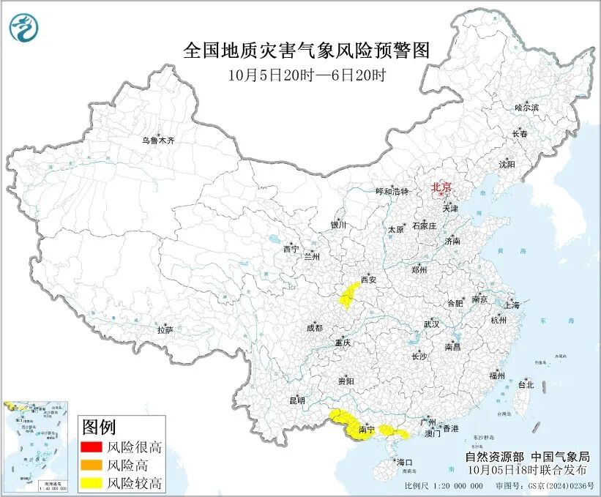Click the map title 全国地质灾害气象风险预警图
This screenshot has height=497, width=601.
pos(305,51)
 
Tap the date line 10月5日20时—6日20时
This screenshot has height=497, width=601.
pos(306,75)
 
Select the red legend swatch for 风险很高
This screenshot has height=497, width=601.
pos(92,447)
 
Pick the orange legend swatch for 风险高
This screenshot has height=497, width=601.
pos(92,465)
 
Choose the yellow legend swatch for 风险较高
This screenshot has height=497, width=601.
pos(92,482)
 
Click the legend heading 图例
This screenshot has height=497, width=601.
pos(99,427)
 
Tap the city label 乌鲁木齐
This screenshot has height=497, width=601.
pos(158,141)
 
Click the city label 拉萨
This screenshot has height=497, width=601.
pos(165,330)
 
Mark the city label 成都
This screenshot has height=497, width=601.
pos(314,328)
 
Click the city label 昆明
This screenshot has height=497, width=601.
pos(296,400)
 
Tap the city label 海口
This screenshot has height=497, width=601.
pos(405,462)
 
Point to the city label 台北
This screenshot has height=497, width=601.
pos(526,384)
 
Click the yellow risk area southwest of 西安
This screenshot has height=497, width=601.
pos(346,296)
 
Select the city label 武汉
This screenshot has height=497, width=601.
pos(431,324)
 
